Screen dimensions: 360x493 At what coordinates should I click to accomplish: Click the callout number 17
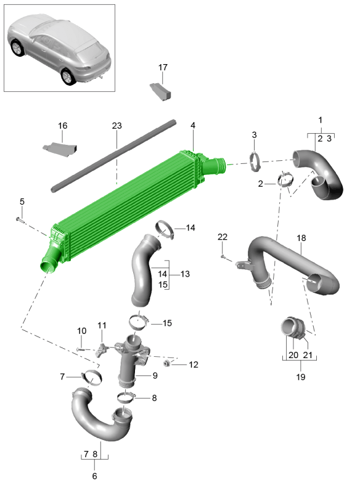(163, 67)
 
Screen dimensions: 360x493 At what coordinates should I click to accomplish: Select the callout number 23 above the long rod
(117, 126)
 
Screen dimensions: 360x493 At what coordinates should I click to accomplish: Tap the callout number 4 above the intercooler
(193, 126)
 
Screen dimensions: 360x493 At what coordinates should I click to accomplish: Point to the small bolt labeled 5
(20, 219)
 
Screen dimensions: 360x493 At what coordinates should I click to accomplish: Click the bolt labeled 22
(224, 257)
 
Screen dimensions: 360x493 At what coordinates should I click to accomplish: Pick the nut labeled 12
(167, 364)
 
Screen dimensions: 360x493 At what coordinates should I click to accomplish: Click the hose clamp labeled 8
(126, 397)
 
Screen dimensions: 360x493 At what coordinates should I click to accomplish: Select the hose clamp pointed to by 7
(92, 376)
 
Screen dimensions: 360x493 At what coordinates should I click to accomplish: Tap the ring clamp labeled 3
(255, 161)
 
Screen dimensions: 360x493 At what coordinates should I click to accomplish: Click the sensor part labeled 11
(101, 349)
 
